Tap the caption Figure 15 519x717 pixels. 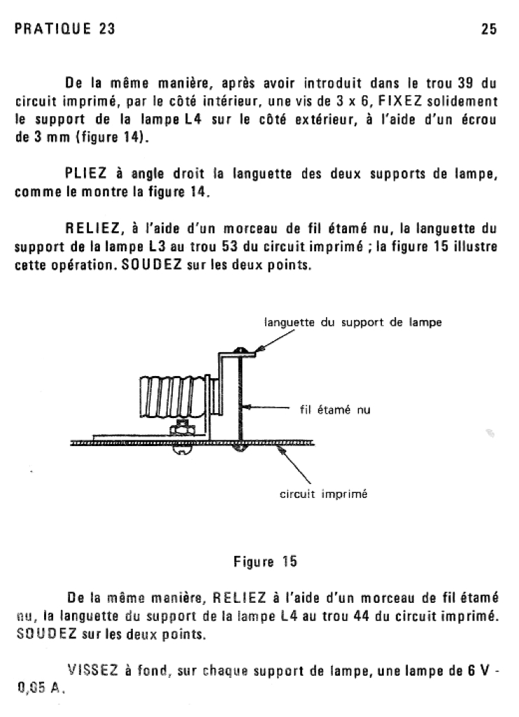click(x=264, y=561)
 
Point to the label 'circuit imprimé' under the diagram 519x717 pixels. click(x=324, y=494)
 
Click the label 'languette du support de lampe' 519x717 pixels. click(x=353, y=323)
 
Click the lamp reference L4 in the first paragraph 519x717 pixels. click(x=193, y=119)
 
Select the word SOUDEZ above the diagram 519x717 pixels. click(x=149, y=267)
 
